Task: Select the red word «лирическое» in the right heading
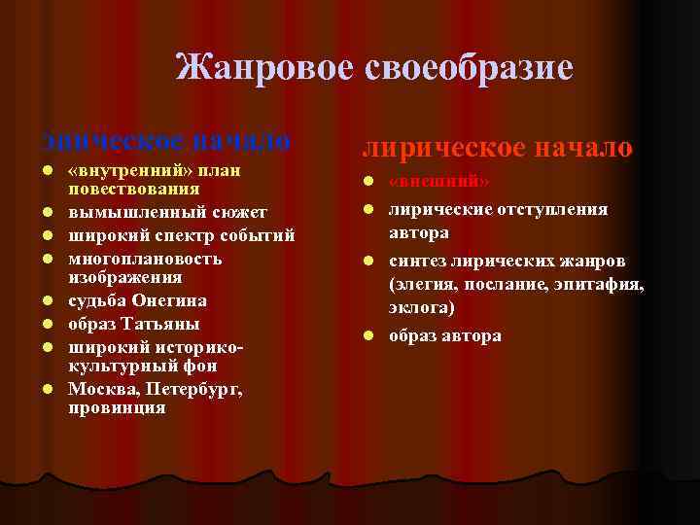point(440,147)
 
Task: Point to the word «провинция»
point(117,407)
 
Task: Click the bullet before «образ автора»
point(369,336)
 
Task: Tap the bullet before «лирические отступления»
point(369,209)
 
